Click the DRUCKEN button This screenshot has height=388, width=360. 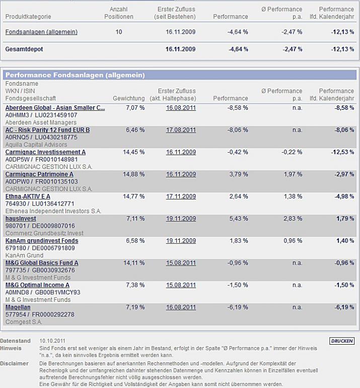342,341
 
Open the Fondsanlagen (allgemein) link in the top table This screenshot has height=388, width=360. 41,32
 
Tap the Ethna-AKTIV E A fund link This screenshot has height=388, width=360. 28,196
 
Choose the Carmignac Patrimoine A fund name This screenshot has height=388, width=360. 39,174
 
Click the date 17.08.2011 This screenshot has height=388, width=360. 181,130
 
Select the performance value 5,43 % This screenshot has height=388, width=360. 238,218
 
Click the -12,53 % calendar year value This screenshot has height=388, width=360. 342,152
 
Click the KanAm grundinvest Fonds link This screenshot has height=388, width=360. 42,240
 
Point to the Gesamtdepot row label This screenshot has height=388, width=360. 24,49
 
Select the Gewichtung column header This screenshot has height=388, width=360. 129,98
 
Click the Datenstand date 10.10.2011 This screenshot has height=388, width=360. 53,341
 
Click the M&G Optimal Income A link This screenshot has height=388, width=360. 37,285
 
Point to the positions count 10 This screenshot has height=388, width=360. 119,32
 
